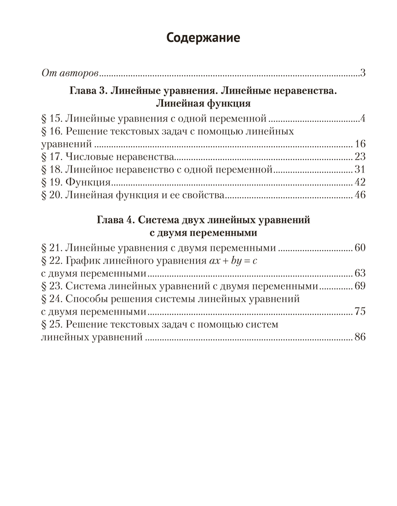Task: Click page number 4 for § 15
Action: (x=363, y=119)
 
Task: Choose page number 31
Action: (x=360, y=169)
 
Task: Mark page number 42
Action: (x=360, y=182)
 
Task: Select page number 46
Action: (x=360, y=194)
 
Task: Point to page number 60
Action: (x=360, y=248)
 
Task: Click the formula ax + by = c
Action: (x=237, y=261)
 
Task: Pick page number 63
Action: (x=360, y=274)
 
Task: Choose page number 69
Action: (x=360, y=286)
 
